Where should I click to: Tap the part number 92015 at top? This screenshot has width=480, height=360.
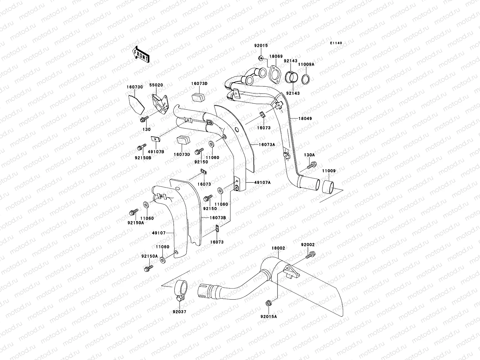pos(261,46)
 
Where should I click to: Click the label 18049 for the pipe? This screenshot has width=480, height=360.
pos(305,118)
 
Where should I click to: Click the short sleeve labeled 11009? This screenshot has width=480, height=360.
pos(330,187)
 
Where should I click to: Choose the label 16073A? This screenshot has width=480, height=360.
pos(267,144)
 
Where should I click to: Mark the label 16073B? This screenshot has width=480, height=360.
pos(218,217)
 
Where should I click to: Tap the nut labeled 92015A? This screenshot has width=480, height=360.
pos(268,304)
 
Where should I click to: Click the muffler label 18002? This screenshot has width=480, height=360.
pos(278,248)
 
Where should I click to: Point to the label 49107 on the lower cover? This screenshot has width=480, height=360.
pos(159,232)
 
